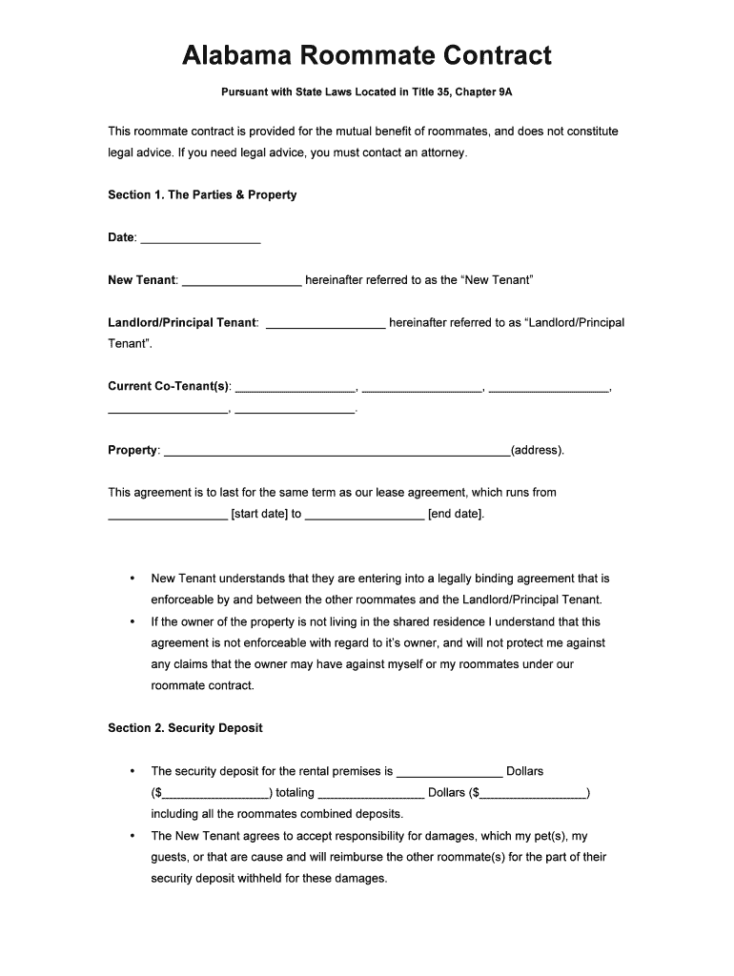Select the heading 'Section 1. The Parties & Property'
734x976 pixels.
coord(202,194)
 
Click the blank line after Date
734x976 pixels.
coord(200,238)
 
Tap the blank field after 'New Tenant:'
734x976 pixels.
coord(241,281)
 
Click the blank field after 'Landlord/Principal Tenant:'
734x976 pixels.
coord(326,323)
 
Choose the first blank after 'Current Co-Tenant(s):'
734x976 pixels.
coord(295,387)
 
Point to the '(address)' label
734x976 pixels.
coord(538,450)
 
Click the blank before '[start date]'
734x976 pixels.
coord(168,516)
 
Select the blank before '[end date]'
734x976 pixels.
coord(364,516)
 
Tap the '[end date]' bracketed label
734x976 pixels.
coord(456,515)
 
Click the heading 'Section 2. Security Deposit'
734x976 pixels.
coord(185,727)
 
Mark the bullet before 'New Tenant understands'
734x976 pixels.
coord(132,579)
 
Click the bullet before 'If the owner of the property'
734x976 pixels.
coord(132,621)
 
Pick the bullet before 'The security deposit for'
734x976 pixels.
coord(132,771)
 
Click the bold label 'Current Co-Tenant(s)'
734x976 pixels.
coord(169,386)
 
